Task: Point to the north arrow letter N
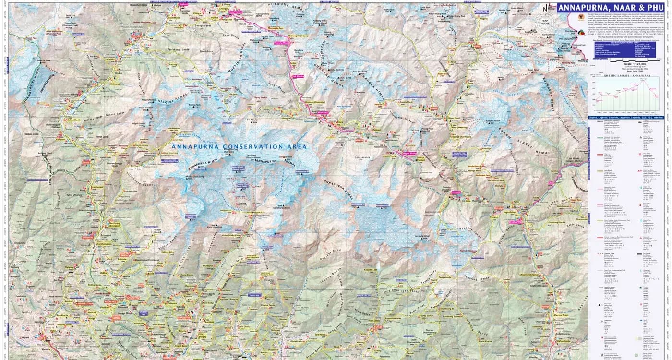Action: [544, 9]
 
